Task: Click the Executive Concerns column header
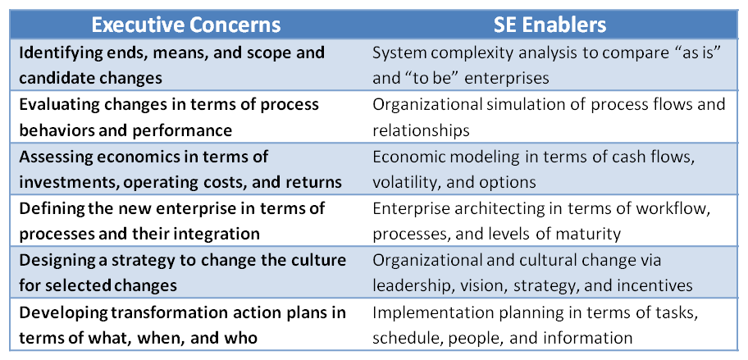[186, 25]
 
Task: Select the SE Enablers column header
[550, 25]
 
